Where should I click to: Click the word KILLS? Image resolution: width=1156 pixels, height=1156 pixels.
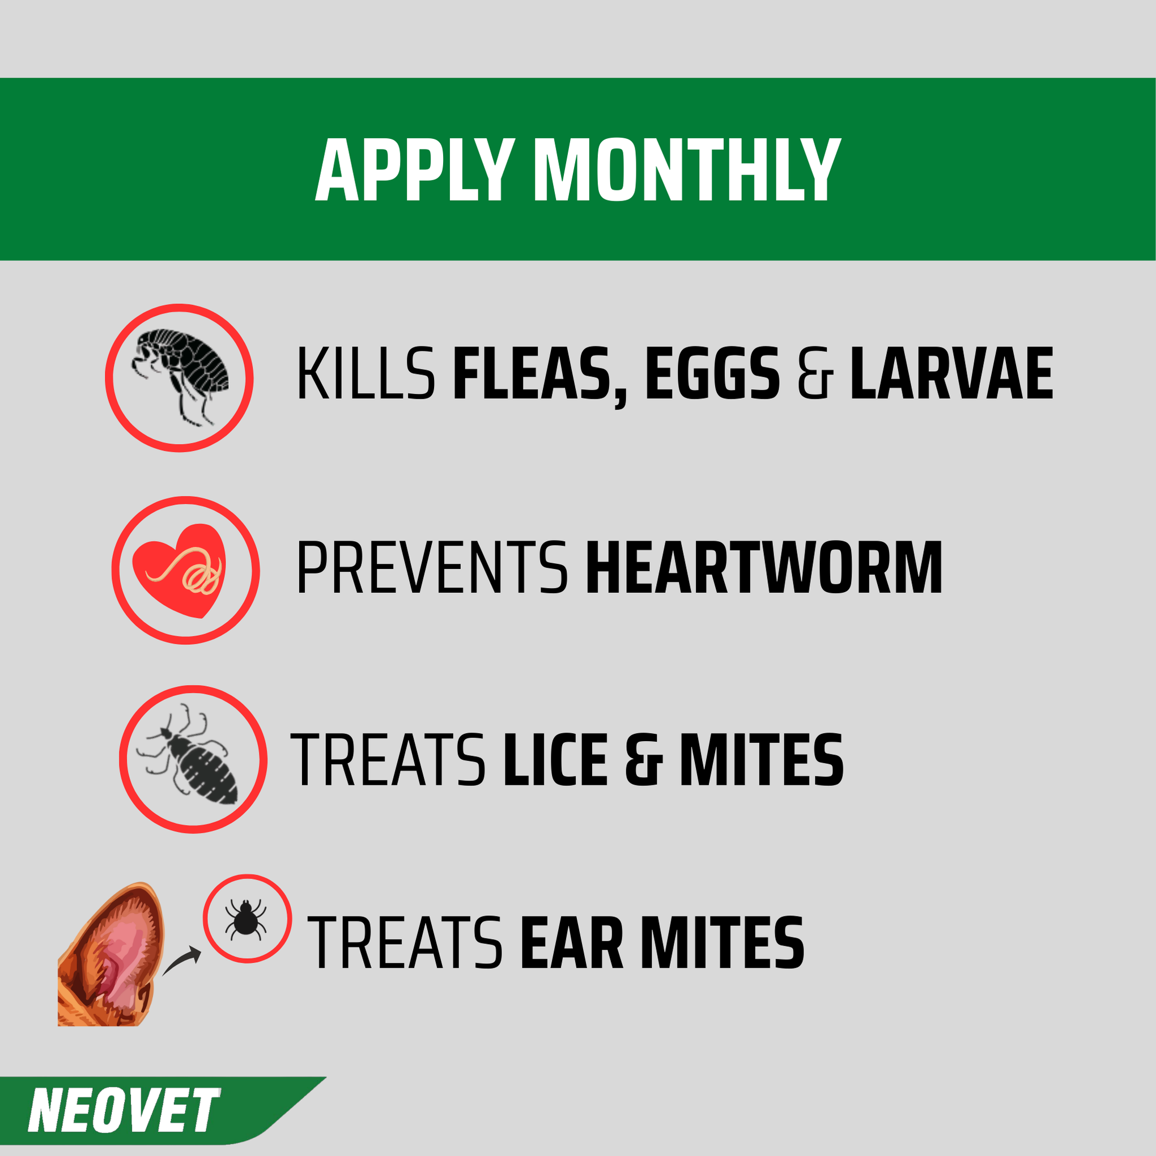pyautogui.click(x=365, y=374)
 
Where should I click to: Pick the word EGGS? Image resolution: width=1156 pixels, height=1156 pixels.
pyautogui.click(x=713, y=374)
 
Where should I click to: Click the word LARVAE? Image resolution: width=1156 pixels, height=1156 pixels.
pyautogui.click(x=951, y=374)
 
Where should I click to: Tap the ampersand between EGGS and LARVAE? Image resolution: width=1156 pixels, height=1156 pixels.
pyautogui.click(x=815, y=375)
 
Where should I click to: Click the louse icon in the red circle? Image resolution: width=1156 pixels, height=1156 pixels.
pyautogui.click(x=190, y=758)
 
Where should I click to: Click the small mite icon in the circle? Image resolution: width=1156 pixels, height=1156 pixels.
pyautogui.click(x=246, y=919)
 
